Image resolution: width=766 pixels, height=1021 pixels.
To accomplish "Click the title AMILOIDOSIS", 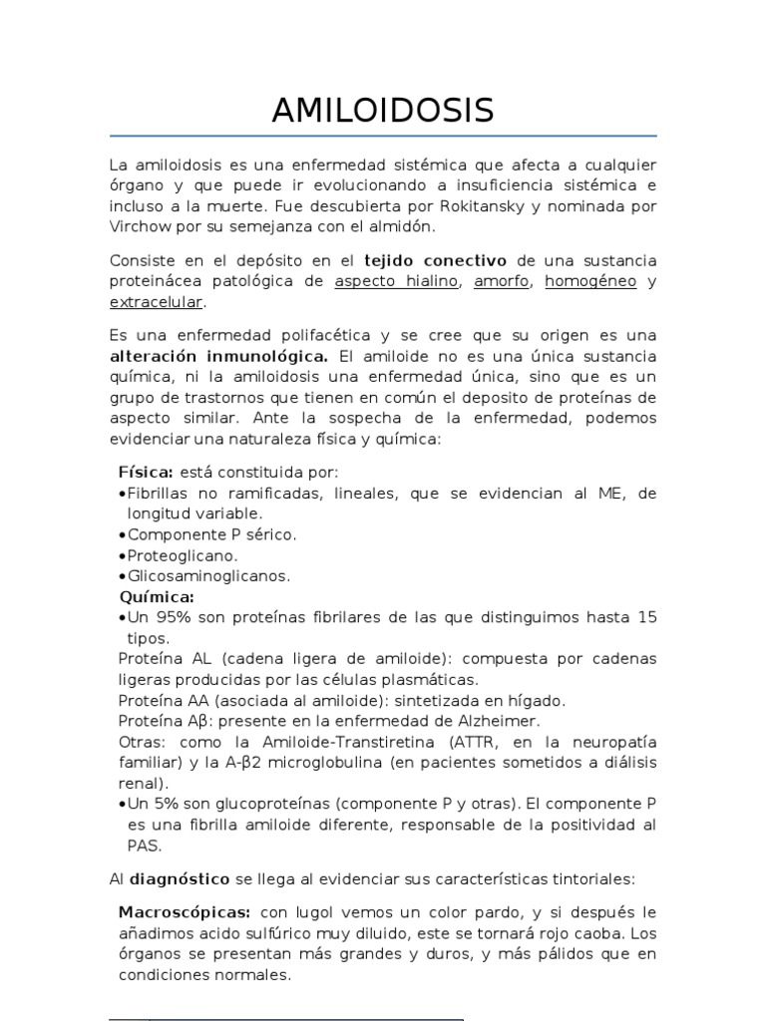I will tap(383, 111).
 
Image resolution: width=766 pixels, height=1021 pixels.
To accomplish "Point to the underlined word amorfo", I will tap(502, 281).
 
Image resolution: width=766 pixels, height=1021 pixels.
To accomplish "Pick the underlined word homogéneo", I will tap(590, 281).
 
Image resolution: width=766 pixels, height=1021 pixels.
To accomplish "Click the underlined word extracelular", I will tap(156, 301).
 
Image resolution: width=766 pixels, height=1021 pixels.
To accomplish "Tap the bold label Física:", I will tap(146, 473).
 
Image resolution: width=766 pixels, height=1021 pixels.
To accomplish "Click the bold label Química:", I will tap(156, 596).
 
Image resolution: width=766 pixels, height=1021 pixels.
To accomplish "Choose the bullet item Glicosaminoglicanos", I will tap(208, 576).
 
